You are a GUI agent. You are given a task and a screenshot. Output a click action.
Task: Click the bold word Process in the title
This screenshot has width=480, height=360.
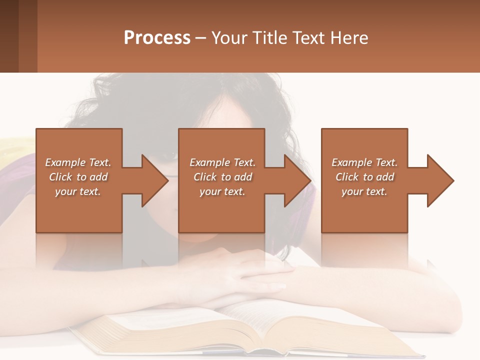point(157,38)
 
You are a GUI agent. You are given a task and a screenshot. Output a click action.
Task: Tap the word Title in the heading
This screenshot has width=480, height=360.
point(269,38)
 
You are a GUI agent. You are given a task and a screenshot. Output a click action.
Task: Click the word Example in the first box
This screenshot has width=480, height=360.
point(65,162)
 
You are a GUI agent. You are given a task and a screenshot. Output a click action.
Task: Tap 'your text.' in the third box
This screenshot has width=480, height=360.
point(364,191)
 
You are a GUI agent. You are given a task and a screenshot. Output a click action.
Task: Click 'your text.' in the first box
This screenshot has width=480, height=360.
point(78,191)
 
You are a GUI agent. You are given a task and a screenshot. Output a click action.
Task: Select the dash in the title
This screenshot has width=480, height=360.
point(201,38)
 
